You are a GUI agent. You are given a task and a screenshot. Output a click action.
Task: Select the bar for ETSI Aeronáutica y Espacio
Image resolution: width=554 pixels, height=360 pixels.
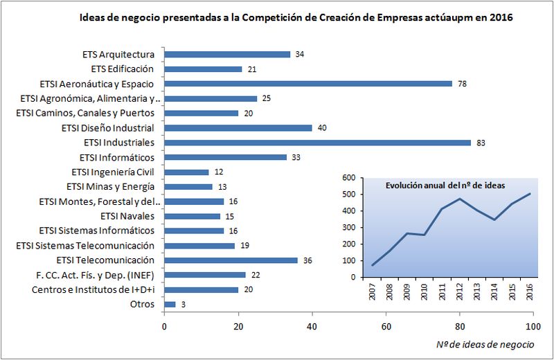[x=308, y=83]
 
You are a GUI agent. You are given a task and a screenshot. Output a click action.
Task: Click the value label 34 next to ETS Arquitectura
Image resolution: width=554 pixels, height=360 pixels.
[x=300, y=54]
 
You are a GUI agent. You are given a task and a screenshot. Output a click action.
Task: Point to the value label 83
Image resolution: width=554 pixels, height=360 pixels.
[x=481, y=143]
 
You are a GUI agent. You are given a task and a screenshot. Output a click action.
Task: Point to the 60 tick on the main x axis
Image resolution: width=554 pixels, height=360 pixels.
[x=386, y=325]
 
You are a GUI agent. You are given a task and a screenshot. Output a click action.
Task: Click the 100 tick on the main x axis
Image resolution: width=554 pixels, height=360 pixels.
[x=533, y=325]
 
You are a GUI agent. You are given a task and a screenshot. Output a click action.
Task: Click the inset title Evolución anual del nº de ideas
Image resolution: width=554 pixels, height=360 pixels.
[x=445, y=186]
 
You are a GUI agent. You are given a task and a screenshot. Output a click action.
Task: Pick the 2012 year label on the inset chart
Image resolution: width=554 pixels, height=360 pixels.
[x=459, y=291]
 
